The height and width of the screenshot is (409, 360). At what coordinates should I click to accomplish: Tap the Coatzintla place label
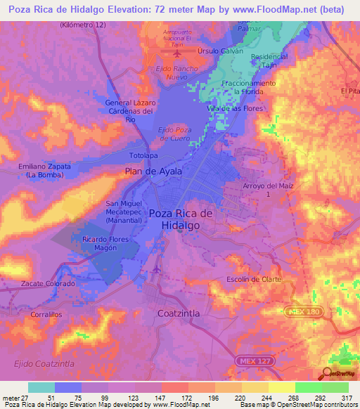179,313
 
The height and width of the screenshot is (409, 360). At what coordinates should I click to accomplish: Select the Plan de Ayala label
153,171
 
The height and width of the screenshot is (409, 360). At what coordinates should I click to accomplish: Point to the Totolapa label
144,155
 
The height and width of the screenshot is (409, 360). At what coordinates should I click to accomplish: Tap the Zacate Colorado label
48,283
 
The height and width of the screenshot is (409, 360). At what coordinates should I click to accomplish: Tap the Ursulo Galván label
220,51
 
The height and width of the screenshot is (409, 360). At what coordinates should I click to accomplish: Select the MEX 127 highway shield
250,359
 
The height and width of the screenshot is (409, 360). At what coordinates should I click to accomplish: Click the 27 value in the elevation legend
27,398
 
